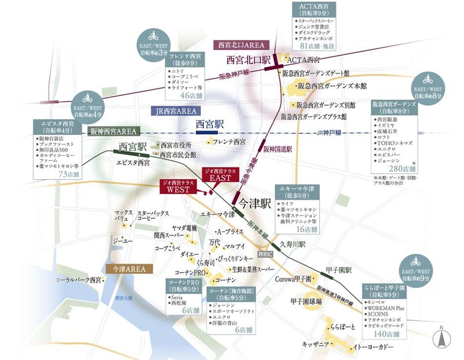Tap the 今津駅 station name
(x=255, y=201)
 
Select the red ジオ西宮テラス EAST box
(x=220, y=174)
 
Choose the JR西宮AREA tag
(x=173, y=111)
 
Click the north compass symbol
(x=442, y=337)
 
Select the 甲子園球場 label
(x=305, y=301)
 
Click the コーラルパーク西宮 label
(x=78, y=280)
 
